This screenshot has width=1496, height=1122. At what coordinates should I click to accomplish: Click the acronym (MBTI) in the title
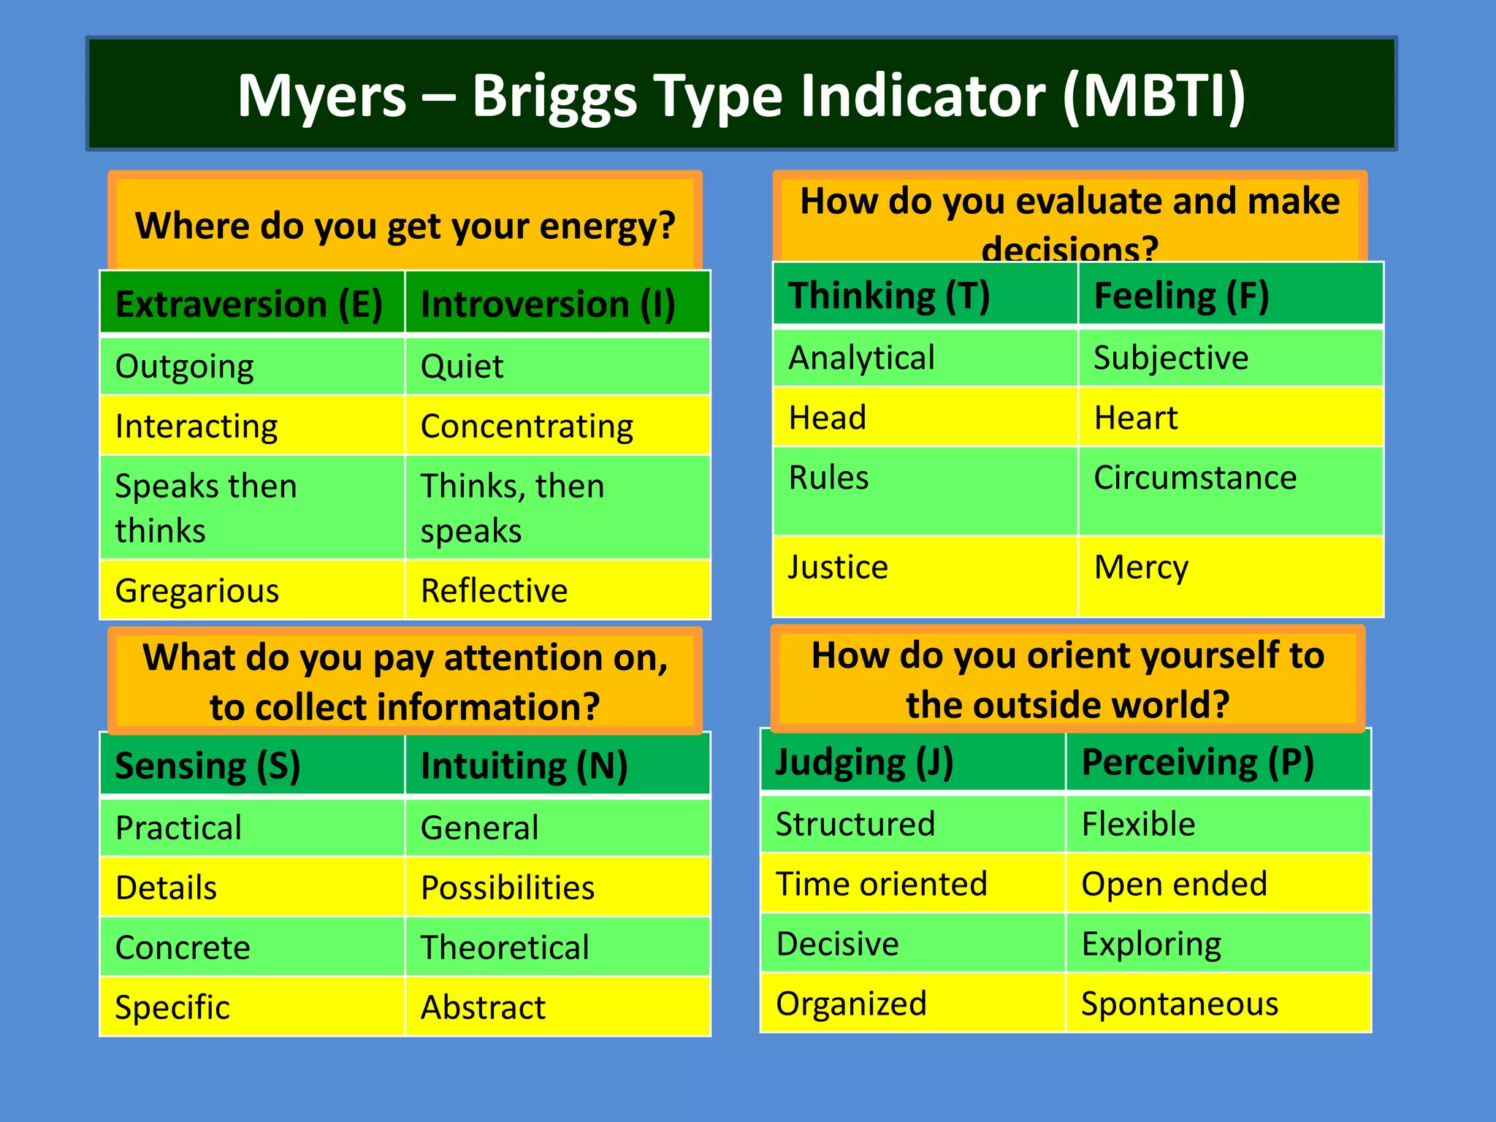point(1154,96)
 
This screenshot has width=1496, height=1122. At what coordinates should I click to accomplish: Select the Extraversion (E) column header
point(249,304)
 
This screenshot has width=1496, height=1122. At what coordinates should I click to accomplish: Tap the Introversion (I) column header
point(548,304)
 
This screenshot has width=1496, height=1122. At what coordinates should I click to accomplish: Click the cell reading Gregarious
point(197,590)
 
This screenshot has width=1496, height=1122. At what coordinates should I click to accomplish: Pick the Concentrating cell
point(527,426)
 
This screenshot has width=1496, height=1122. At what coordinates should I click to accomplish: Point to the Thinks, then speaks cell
point(512,508)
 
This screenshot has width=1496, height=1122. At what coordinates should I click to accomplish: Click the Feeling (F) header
point(1181,296)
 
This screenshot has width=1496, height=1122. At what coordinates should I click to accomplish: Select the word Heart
point(1135,418)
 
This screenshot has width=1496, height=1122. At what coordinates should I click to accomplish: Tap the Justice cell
point(838,568)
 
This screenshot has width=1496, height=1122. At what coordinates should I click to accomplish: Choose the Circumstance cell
point(1195,478)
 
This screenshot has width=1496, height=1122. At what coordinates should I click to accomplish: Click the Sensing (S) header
point(208,766)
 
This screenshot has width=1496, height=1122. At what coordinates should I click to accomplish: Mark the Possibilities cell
point(508,888)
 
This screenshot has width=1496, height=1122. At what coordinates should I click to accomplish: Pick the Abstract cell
point(483,1007)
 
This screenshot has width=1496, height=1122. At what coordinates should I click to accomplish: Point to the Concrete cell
point(183,947)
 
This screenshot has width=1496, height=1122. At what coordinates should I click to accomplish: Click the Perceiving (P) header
point(1197,762)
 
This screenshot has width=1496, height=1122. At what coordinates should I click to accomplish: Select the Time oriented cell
point(881,884)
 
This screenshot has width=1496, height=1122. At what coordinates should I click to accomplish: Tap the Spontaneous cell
point(1179,1004)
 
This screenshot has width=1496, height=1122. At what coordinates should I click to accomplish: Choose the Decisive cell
point(837,944)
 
